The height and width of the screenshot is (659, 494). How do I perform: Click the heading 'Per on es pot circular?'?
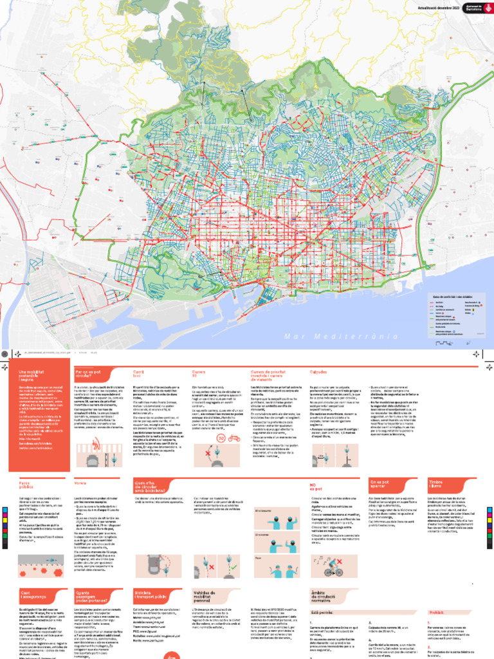point(89,373)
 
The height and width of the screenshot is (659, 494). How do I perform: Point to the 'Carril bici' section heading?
point(138,374)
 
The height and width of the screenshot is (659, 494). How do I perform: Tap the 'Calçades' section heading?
point(318,372)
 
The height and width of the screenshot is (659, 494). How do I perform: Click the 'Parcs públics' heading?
point(26,485)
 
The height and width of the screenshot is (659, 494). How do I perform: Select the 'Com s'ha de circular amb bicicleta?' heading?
point(148,485)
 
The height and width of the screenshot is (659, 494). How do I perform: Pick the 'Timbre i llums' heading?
point(437,484)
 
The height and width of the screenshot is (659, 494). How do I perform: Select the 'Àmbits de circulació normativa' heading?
point(329,597)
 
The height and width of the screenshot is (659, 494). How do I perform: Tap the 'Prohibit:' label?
point(436,613)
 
